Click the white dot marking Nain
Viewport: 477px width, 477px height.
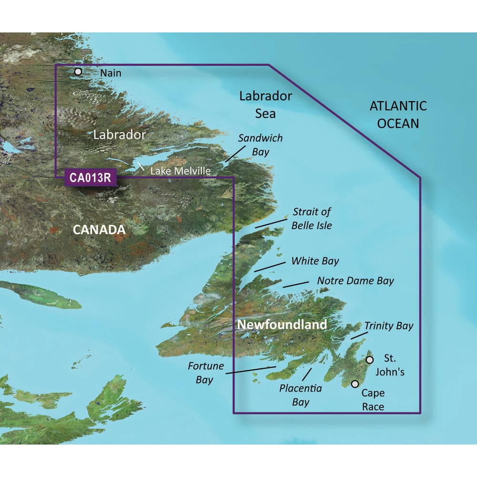[x=78, y=72]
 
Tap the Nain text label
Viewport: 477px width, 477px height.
[x=111, y=73]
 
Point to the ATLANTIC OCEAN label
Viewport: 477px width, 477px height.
[x=398, y=114]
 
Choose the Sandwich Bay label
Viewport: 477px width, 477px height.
[x=260, y=145]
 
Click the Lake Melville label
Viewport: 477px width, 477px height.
[x=180, y=171]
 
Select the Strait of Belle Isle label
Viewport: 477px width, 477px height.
[x=312, y=218]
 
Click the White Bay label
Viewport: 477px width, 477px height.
[x=315, y=261]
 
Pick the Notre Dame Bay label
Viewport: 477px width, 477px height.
[x=355, y=280]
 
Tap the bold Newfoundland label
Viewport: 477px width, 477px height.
[x=282, y=325]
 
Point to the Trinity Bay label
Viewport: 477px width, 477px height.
[x=389, y=326]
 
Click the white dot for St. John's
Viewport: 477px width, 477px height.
[x=369, y=360]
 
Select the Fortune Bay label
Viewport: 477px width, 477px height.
[x=200, y=373]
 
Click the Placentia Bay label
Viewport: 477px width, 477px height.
[x=301, y=395]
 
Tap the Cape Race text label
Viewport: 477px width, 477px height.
[x=373, y=400]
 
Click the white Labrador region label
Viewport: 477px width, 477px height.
[x=119, y=135]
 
